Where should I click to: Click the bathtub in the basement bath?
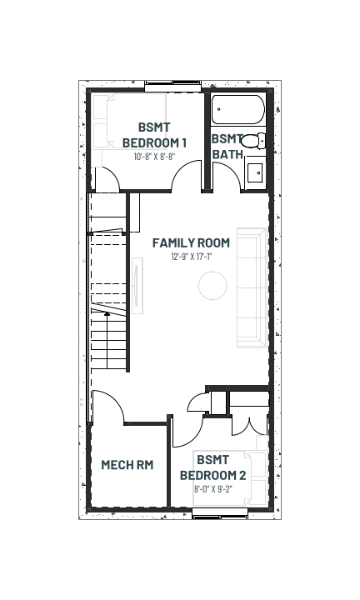tap(238, 109)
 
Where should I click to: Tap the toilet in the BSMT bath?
tap(252, 141)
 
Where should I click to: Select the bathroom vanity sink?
tap(255, 173)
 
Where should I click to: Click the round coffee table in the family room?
tap(212, 286)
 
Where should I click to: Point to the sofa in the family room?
tap(252, 287)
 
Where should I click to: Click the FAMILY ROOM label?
tap(191, 242)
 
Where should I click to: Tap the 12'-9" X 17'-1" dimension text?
tap(192, 257)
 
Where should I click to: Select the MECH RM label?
tap(127, 464)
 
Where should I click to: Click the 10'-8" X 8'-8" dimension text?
tap(154, 157)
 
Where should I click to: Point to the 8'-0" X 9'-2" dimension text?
tap(213, 489)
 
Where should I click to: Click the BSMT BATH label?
tap(227, 147)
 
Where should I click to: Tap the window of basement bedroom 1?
tap(173, 86)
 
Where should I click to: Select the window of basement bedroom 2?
tap(220, 513)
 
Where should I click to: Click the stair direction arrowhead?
tap(107, 314)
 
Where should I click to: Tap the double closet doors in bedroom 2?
tap(249, 426)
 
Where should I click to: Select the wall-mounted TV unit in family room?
tap(137, 286)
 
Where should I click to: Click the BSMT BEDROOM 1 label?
tap(154, 135)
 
